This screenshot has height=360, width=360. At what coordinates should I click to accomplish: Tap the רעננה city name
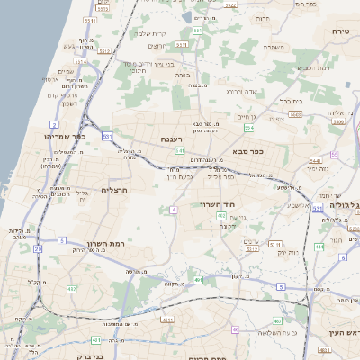(x=176, y=139)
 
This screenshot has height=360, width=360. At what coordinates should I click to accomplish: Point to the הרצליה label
(x=117, y=190)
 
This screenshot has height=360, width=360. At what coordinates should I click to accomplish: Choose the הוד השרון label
(x=220, y=205)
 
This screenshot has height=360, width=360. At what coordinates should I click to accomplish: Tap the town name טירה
(x=340, y=31)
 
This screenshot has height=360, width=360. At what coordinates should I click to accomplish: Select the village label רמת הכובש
(x=312, y=67)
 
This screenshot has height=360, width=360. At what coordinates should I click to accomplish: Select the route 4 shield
(x=174, y=210)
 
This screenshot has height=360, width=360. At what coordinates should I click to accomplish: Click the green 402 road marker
(x=247, y=217)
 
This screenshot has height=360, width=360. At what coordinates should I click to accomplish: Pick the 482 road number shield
(x=70, y=289)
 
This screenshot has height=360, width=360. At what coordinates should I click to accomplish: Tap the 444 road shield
(x=319, y=246)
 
